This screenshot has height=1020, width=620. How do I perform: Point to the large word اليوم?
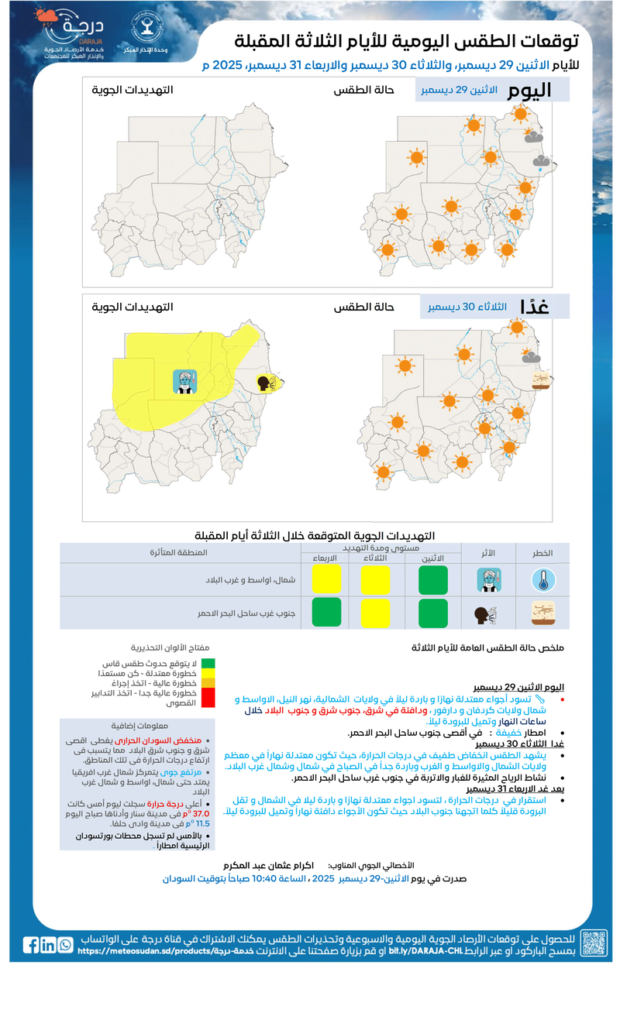(x=529, y=91)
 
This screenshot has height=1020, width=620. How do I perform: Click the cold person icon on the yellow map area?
(x=184, y=381)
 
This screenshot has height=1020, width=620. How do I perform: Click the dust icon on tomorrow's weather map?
(x=542, y=379)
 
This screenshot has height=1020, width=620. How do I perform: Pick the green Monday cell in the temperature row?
(x=433, y=580)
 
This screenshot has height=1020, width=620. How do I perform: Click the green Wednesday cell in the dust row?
(x=326, y=612)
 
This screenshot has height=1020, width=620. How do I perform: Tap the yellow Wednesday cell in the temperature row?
(x=326, y=580)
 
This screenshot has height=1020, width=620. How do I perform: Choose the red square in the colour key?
(x=208, y=698)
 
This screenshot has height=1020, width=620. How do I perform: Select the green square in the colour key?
(x=208, y=664)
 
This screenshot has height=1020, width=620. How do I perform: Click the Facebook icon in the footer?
(x=31, y=945)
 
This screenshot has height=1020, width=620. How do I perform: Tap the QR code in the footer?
(x=594, y=943)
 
